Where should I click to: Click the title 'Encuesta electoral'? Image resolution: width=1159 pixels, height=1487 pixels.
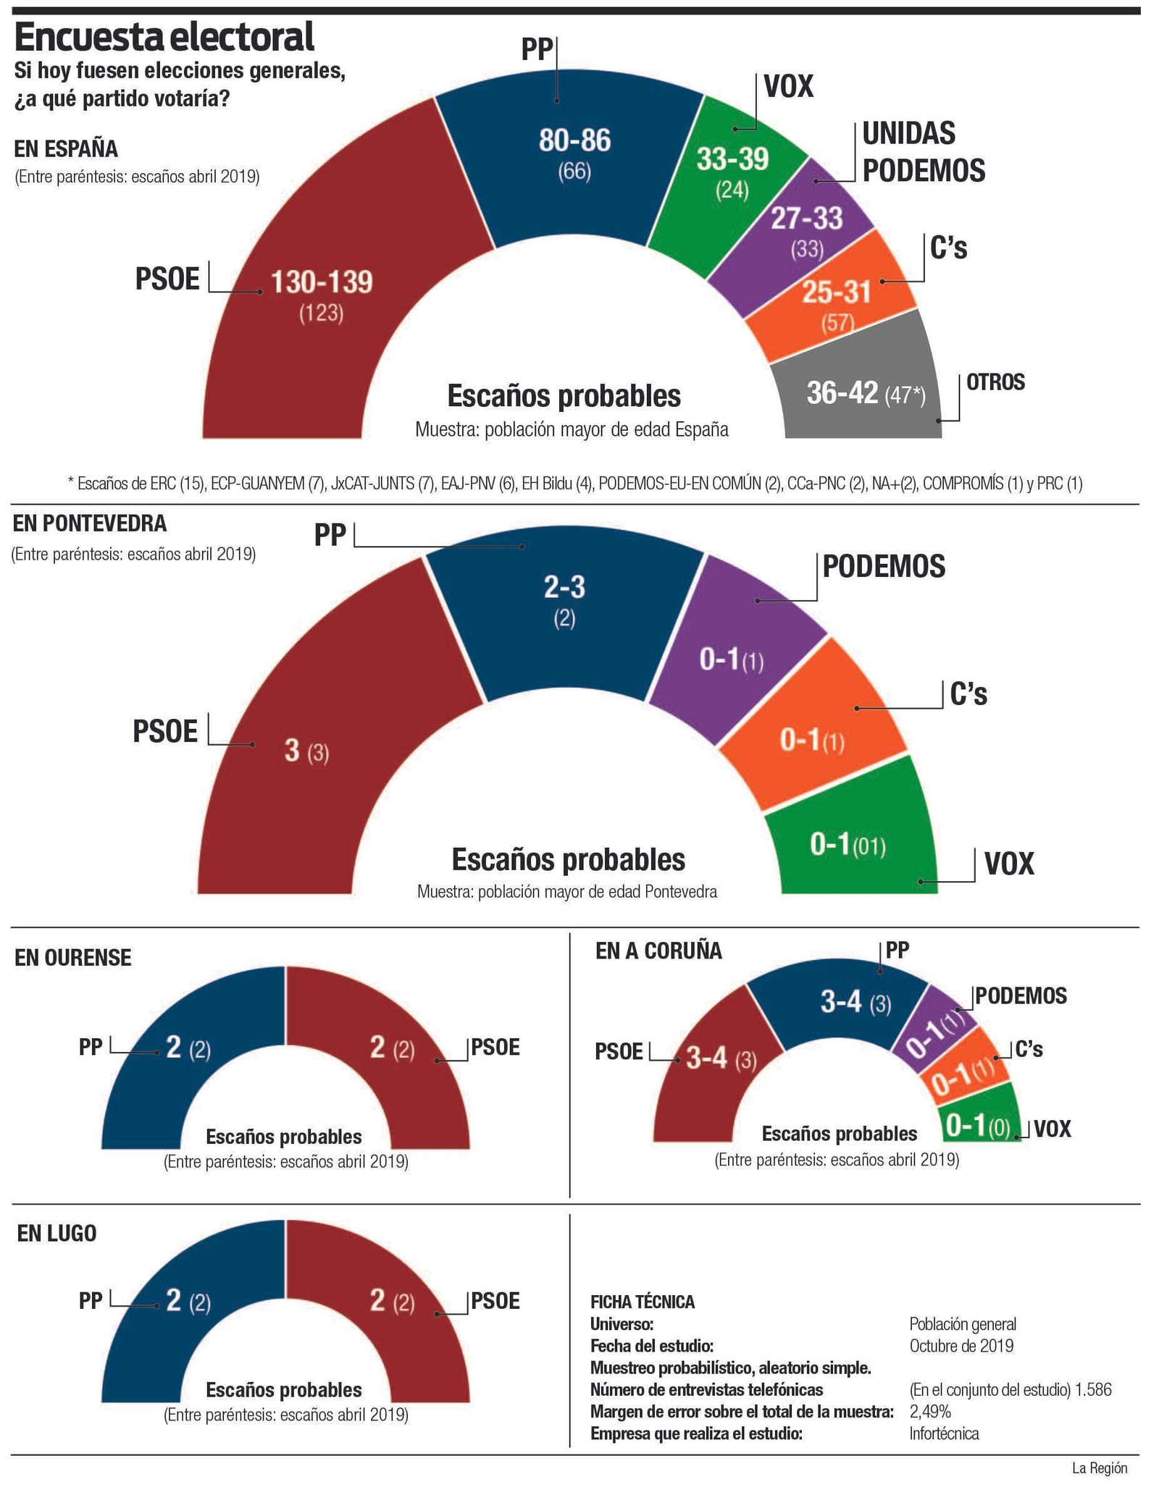tap(164, 38)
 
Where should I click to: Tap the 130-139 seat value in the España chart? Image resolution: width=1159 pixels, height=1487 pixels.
tap(322, 282)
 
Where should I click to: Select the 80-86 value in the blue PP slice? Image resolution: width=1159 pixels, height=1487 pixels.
tap(574, 140)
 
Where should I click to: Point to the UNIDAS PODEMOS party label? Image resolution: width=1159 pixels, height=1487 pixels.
tap(923, 152)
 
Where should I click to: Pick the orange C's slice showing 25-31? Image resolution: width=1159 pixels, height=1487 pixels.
tap(836, 292)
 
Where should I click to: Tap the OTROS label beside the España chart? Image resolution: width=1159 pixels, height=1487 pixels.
tap(995, 382)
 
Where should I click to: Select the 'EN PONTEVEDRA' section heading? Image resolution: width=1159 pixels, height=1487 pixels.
tap(90, 523)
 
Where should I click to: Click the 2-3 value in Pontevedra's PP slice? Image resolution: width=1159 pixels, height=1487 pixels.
tap(564, 587)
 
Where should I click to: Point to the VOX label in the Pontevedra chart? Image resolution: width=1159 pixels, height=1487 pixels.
tap(1008, 863)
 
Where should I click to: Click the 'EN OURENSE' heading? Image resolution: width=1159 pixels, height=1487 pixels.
tap(73, 957)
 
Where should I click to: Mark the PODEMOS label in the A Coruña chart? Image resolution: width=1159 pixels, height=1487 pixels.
tap(1021, 996)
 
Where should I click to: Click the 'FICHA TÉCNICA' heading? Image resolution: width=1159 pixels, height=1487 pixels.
tap(643, 1302)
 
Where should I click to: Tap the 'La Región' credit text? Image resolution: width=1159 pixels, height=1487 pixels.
tap(1100, 1468)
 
